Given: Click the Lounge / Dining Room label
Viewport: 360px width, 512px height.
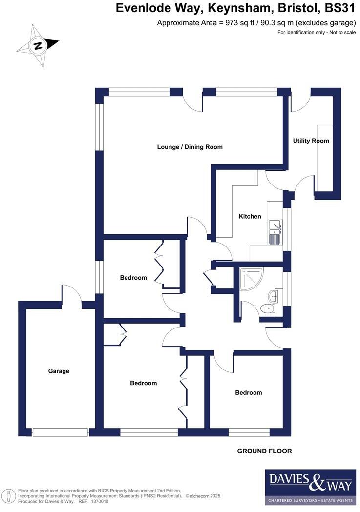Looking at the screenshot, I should pyautogui.click(x=190, y=147).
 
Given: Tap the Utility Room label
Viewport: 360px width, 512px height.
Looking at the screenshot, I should pyautogui.click(x=311, y=141).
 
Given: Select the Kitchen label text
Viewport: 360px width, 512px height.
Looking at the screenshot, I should pyautogui.click(x=250, y=216).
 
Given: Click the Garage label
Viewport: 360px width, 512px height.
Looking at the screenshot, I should pyautogui.click(x=59, y=371).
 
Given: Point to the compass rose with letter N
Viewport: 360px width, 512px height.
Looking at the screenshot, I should pyautogui.click(x=38, y=46).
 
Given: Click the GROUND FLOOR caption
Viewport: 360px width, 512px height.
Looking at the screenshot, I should pyautogui.click(x=264, y=451).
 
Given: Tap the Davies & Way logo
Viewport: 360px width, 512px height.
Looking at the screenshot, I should pyautogui.click(x=310, y=487).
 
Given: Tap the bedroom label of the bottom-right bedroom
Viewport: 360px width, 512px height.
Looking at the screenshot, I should pyautogui.click(x=248, y=392).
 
